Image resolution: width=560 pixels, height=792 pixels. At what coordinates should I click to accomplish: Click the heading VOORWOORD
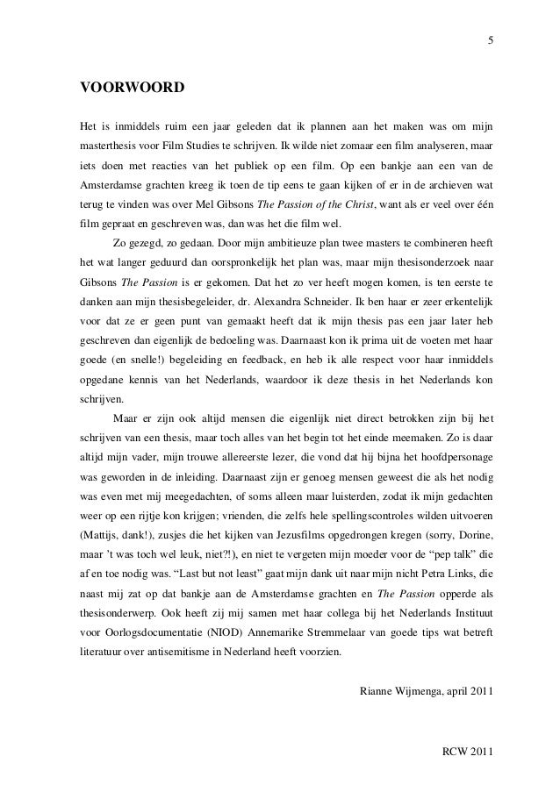pyautogui.click(x=132, y=88)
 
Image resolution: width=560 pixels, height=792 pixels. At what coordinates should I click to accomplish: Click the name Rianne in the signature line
pyautogui.click(x=378, y=691)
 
